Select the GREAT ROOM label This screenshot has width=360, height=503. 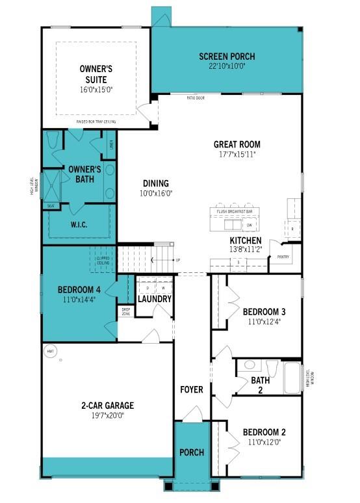tap(237, 144)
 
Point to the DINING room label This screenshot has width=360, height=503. tap(155, 183)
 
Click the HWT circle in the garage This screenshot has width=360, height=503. tap(50, 352)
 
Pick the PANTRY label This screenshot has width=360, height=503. tap(283, 257)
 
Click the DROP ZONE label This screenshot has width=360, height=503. tap(126, 312)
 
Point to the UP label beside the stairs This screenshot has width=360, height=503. tap(178, 260)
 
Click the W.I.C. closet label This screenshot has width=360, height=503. tap(80, 225)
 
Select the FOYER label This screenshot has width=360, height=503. tap(192, 390)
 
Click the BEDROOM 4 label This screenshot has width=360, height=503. tap(79, 290)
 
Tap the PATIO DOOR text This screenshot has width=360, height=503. tap(196, 98)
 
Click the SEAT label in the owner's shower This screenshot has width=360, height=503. tap(51, 205)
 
